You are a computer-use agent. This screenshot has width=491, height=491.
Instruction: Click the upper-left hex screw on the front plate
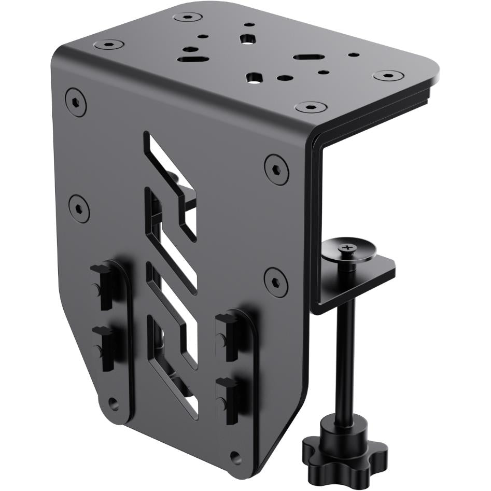(x=76, y=102)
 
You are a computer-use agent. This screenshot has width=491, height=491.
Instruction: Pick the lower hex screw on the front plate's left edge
(x=79, y=208)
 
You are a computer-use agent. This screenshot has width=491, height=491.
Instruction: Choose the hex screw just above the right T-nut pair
(x=275, y=282)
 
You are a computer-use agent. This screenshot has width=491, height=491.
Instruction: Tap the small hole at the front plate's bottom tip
(x=236, y=457)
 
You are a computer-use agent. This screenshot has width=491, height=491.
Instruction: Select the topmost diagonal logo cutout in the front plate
(x=171, y=166)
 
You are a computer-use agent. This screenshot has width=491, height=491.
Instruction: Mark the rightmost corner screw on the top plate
(x=388, y=76)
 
